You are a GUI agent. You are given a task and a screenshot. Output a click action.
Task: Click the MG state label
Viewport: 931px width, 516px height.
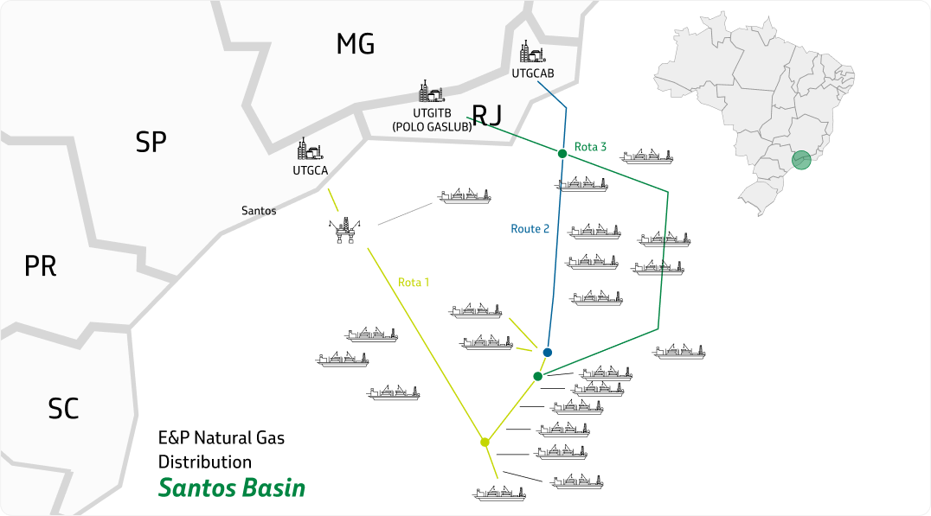(355, 44)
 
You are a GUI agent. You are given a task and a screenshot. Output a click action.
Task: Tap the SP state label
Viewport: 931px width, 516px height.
(151, 143)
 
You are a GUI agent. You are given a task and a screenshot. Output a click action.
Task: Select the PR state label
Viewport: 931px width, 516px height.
(40, 266)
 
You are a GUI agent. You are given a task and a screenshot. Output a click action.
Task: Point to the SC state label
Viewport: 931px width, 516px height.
(63, 408)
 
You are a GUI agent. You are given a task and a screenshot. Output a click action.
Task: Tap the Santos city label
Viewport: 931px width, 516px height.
(259, 210)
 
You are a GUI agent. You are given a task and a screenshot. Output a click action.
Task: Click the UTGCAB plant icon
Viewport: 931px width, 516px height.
(530, 54)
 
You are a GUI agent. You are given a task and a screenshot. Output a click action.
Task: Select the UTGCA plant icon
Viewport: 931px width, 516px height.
(309, 150)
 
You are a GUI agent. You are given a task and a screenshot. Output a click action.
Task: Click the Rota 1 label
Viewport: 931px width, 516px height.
(414, 282)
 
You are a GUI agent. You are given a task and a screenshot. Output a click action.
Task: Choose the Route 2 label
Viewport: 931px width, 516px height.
(530, 229)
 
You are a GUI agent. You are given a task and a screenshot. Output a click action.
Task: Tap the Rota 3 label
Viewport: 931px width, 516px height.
(591, 147)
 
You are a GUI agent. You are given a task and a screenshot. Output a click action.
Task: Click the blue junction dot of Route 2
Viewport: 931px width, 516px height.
(547, 353)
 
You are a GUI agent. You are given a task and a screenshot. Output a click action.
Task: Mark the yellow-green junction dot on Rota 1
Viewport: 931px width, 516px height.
(485, 443)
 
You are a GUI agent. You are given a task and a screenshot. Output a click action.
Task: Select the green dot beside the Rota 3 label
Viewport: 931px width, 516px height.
(562, 154)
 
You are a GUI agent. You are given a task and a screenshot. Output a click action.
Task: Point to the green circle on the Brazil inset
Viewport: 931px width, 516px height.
(802, 159)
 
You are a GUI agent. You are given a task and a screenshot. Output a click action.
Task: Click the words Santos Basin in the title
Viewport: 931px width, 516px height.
(232, 488)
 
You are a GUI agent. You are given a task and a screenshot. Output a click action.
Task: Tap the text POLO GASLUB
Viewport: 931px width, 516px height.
(432, 126)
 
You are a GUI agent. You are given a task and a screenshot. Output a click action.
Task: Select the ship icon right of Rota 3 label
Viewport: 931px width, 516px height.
(647, 156)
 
